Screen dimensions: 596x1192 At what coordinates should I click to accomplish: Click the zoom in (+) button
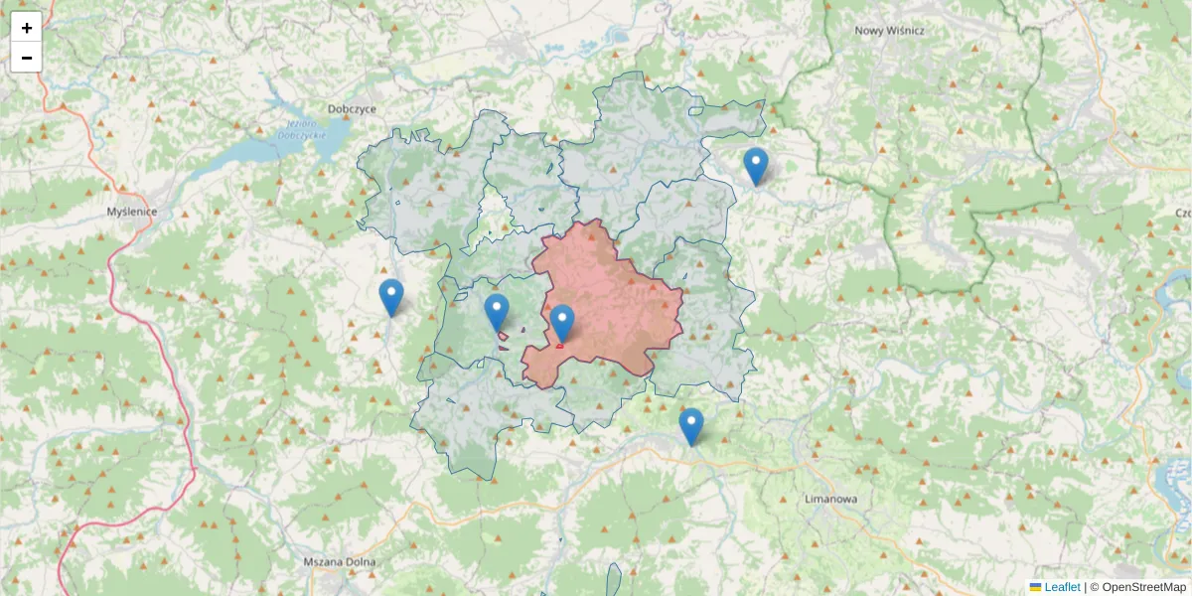(27, 28)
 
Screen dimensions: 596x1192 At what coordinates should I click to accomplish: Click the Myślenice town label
(132, 212)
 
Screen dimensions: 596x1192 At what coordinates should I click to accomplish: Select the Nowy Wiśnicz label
(890, 31)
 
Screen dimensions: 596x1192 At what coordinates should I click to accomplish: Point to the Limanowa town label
(830, 500)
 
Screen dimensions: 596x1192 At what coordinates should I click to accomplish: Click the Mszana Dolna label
(340, 562)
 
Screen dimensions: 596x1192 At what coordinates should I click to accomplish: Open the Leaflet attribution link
(1062, 587)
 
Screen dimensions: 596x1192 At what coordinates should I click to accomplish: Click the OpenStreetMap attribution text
(1143, 587)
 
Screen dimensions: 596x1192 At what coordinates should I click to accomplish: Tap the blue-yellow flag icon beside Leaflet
(1036, 587)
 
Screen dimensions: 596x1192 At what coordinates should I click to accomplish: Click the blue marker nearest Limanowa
(691, 426)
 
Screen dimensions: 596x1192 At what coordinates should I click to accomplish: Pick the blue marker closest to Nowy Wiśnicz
(756, 166)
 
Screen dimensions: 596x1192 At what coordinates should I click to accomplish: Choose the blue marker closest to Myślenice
(391, 297)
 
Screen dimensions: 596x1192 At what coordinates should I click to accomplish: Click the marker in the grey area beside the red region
(497, 312)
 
